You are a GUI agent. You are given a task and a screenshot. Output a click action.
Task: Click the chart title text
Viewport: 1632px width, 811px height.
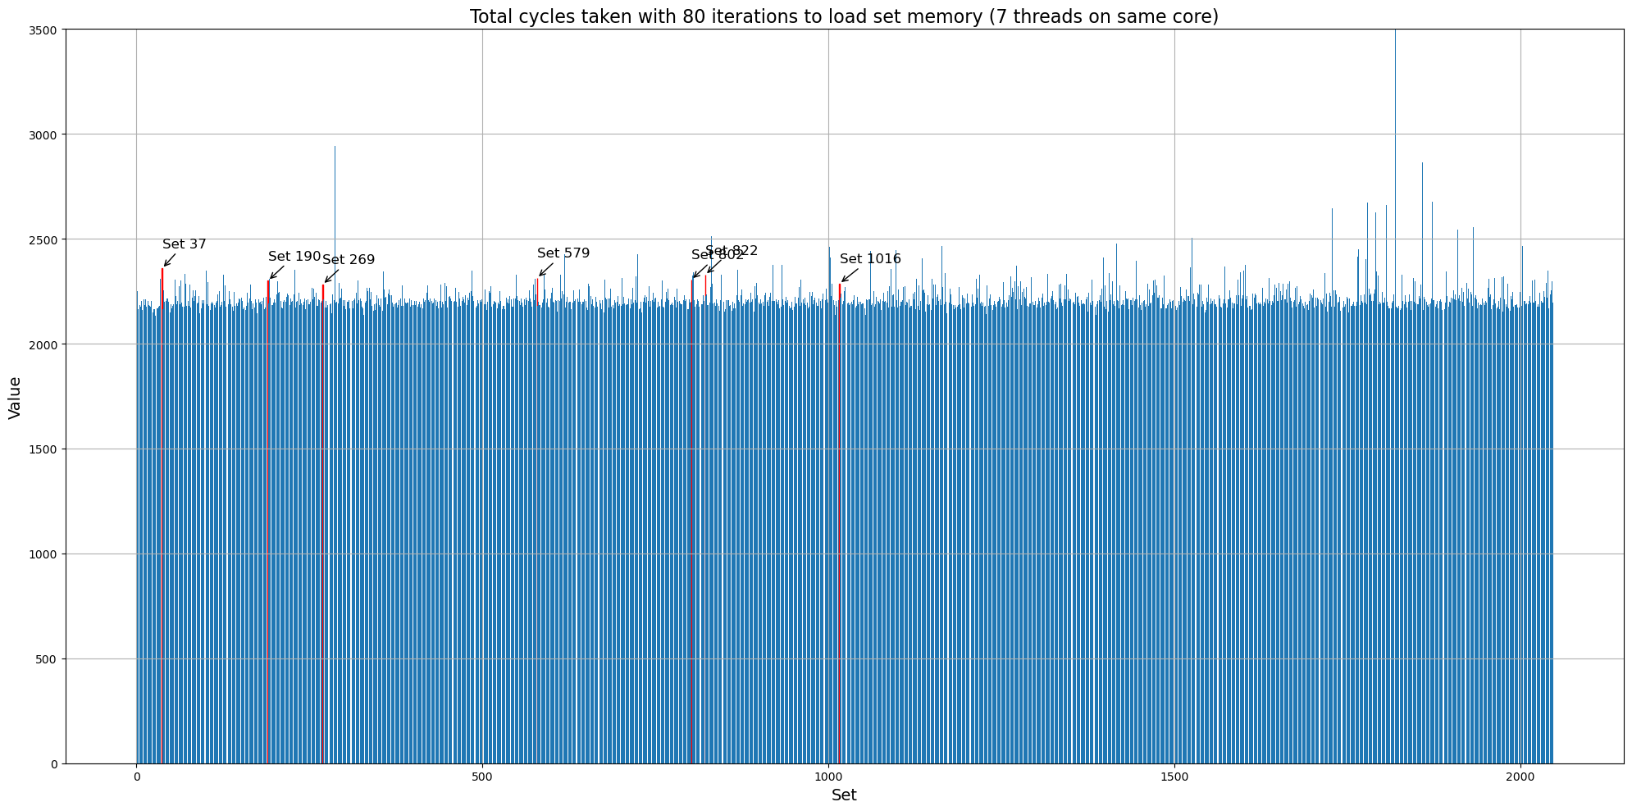click(x=844, y=16)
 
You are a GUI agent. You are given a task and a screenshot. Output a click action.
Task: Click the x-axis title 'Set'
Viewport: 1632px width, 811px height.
click(x=844, y=795)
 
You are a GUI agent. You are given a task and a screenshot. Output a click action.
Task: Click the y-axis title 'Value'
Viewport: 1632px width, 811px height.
click(x=15, y=398)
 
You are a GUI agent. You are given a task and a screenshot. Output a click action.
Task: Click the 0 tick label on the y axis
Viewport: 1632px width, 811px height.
click(x=54, y=764)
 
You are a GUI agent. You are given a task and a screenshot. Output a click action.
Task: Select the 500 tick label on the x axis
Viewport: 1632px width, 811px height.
click(x=482, y=776)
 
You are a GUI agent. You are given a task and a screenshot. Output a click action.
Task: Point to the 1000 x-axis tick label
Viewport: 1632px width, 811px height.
click(x=828, y=776)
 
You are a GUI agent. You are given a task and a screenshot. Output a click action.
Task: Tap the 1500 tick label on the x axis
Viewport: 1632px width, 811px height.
click(x=1174, y=776)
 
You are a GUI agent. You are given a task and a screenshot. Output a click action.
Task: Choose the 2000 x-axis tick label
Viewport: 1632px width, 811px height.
click(x=1520, y=776)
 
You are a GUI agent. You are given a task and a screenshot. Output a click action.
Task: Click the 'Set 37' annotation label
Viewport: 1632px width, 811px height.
click(x=185, y=244)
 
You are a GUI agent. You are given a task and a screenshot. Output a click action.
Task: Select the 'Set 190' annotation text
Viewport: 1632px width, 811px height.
click(x=294, y=257)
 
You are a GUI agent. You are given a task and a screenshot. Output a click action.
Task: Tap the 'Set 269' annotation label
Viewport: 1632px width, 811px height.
click(x=349, y=260)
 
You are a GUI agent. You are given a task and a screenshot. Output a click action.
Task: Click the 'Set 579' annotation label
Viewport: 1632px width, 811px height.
click(x=563, y=253)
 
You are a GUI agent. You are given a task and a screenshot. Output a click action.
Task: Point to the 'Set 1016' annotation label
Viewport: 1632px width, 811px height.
click(x=870, y=259)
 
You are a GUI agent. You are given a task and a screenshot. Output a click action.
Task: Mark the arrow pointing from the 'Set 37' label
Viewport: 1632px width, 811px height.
click(x=170, y=260)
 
